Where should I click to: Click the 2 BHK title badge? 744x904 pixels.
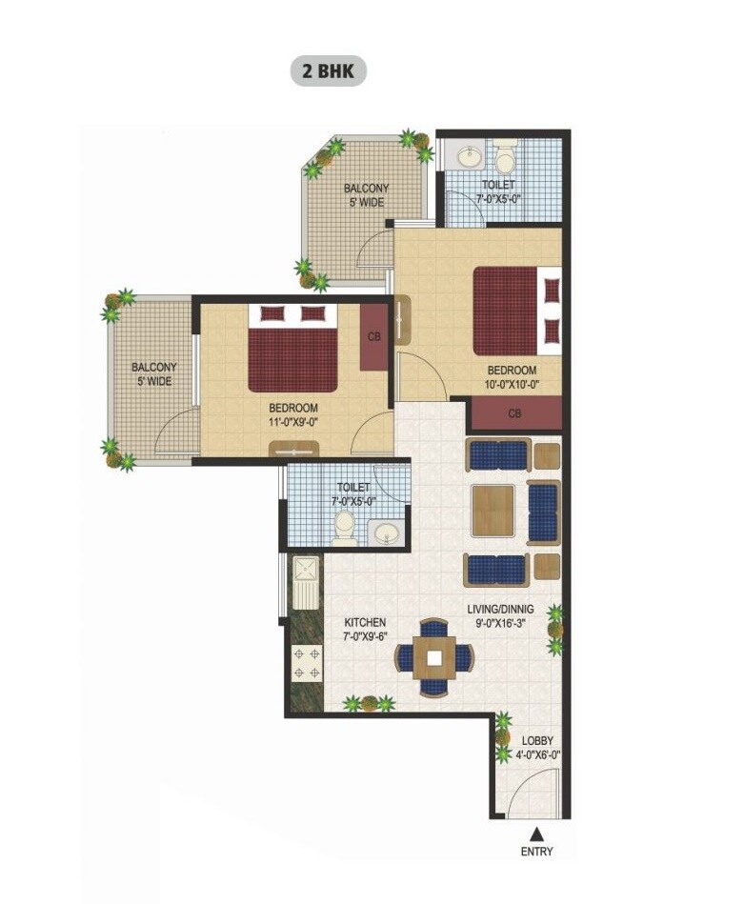pyautogui.click(x=328, y=71)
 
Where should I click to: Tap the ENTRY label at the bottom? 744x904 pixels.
pyautogui.click(x=536, y=852)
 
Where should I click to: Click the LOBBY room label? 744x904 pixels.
pyautogui.click(x=537, y=741)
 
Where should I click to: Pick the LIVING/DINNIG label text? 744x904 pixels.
pyautogui.click(x=500, y=609)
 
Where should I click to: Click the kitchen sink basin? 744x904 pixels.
pyautogui.click(x=309, y=572)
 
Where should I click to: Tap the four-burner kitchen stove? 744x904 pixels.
pyautogui.click(x=308, y=663)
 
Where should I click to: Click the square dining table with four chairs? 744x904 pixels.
pyautogui.click(x=434, y=655)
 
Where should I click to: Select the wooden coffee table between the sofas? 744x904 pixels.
pyautogui.click(x=493, y=510)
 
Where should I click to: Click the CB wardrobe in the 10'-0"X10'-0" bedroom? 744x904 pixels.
pyautogui.click(x=514, y=413)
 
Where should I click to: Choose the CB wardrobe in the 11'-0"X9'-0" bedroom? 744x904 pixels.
pyautogui.click(x=373, y=337)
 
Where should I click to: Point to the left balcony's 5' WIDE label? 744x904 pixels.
pyautogui.click(x=153, y=381)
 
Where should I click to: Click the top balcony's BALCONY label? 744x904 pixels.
pyautogui.click(x=366, y=189)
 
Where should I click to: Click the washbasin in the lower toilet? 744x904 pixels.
pyautogui.click(x=387, y=532)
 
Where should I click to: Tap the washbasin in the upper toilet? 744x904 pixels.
pyautogui.click(x=469, y=155)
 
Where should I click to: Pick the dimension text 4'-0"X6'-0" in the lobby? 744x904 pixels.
pyautogui.click(x=537, y=755)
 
